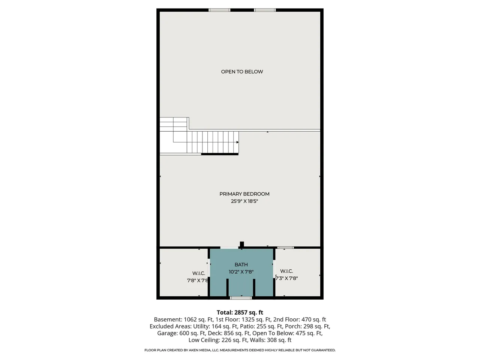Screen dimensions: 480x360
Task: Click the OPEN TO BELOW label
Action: [242, 72]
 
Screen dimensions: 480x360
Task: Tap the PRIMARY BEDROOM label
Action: [244, 194]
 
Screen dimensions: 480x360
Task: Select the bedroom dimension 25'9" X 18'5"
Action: [244, 201]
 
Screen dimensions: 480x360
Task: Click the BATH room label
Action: [241, 264]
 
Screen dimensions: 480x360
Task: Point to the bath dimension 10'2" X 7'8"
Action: [241, 272]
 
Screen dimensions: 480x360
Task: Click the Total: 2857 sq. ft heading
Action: [240, 312]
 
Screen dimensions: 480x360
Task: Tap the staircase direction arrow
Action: [237, 142]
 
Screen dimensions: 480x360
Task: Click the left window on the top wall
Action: [219, 10]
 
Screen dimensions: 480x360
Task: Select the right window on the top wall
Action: [265, 10]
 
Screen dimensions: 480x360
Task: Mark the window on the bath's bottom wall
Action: [241, 298]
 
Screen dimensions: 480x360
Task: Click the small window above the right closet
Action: [286, 247]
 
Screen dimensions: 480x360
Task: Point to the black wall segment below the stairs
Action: [220, 154]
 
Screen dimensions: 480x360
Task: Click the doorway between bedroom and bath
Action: [229, 247]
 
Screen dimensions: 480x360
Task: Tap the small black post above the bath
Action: [242, 244]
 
